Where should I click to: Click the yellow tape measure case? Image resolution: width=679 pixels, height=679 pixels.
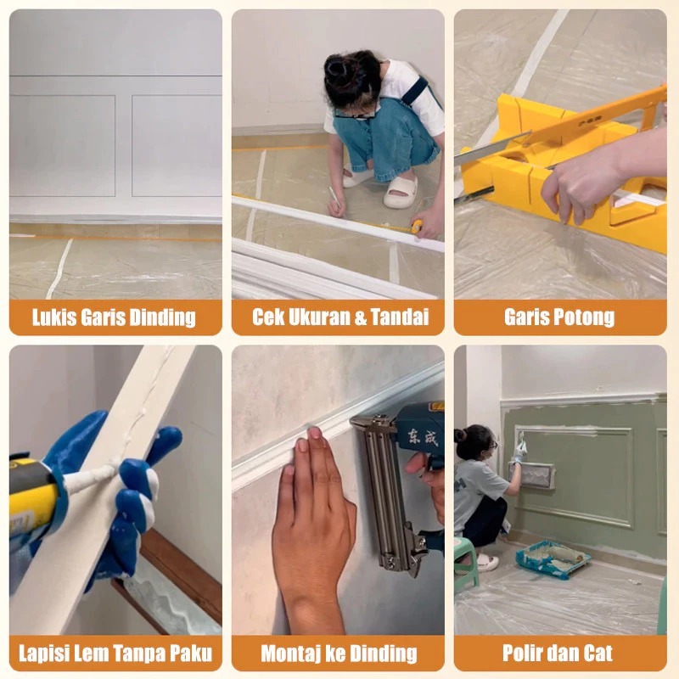coord(417,226)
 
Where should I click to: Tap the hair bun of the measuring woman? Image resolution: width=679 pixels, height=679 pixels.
coord(339,68)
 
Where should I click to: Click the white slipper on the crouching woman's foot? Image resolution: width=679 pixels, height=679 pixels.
coord(400,192)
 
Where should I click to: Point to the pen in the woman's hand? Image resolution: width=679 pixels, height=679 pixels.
coord(334,198)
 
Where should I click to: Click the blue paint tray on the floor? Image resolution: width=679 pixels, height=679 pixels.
coord(553,559)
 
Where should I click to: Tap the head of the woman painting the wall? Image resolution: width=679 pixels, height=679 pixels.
coord(474,441)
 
